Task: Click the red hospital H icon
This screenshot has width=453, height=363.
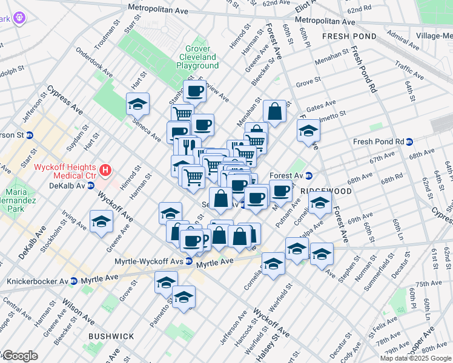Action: click(107, 171)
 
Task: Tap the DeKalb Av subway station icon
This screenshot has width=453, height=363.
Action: click(91, 185)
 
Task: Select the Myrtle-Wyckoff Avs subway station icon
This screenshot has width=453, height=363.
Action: click(189, 261)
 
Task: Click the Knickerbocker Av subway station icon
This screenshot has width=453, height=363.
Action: click(73, 281)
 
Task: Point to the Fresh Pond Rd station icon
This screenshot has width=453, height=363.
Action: click(409, 142)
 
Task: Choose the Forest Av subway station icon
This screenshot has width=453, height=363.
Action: click(308, 176)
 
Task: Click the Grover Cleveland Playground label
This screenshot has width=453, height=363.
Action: click(199, 57)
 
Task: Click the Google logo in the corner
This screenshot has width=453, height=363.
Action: click(19, 356)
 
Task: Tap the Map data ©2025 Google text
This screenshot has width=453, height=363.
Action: click(415, 358)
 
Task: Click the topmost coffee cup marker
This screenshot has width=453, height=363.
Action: click(195, 91)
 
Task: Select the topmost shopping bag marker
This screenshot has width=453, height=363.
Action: click(274, 111)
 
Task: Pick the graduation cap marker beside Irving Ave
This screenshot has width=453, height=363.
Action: click(101, 221)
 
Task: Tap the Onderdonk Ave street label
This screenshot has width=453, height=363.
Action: click(93, 60)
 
